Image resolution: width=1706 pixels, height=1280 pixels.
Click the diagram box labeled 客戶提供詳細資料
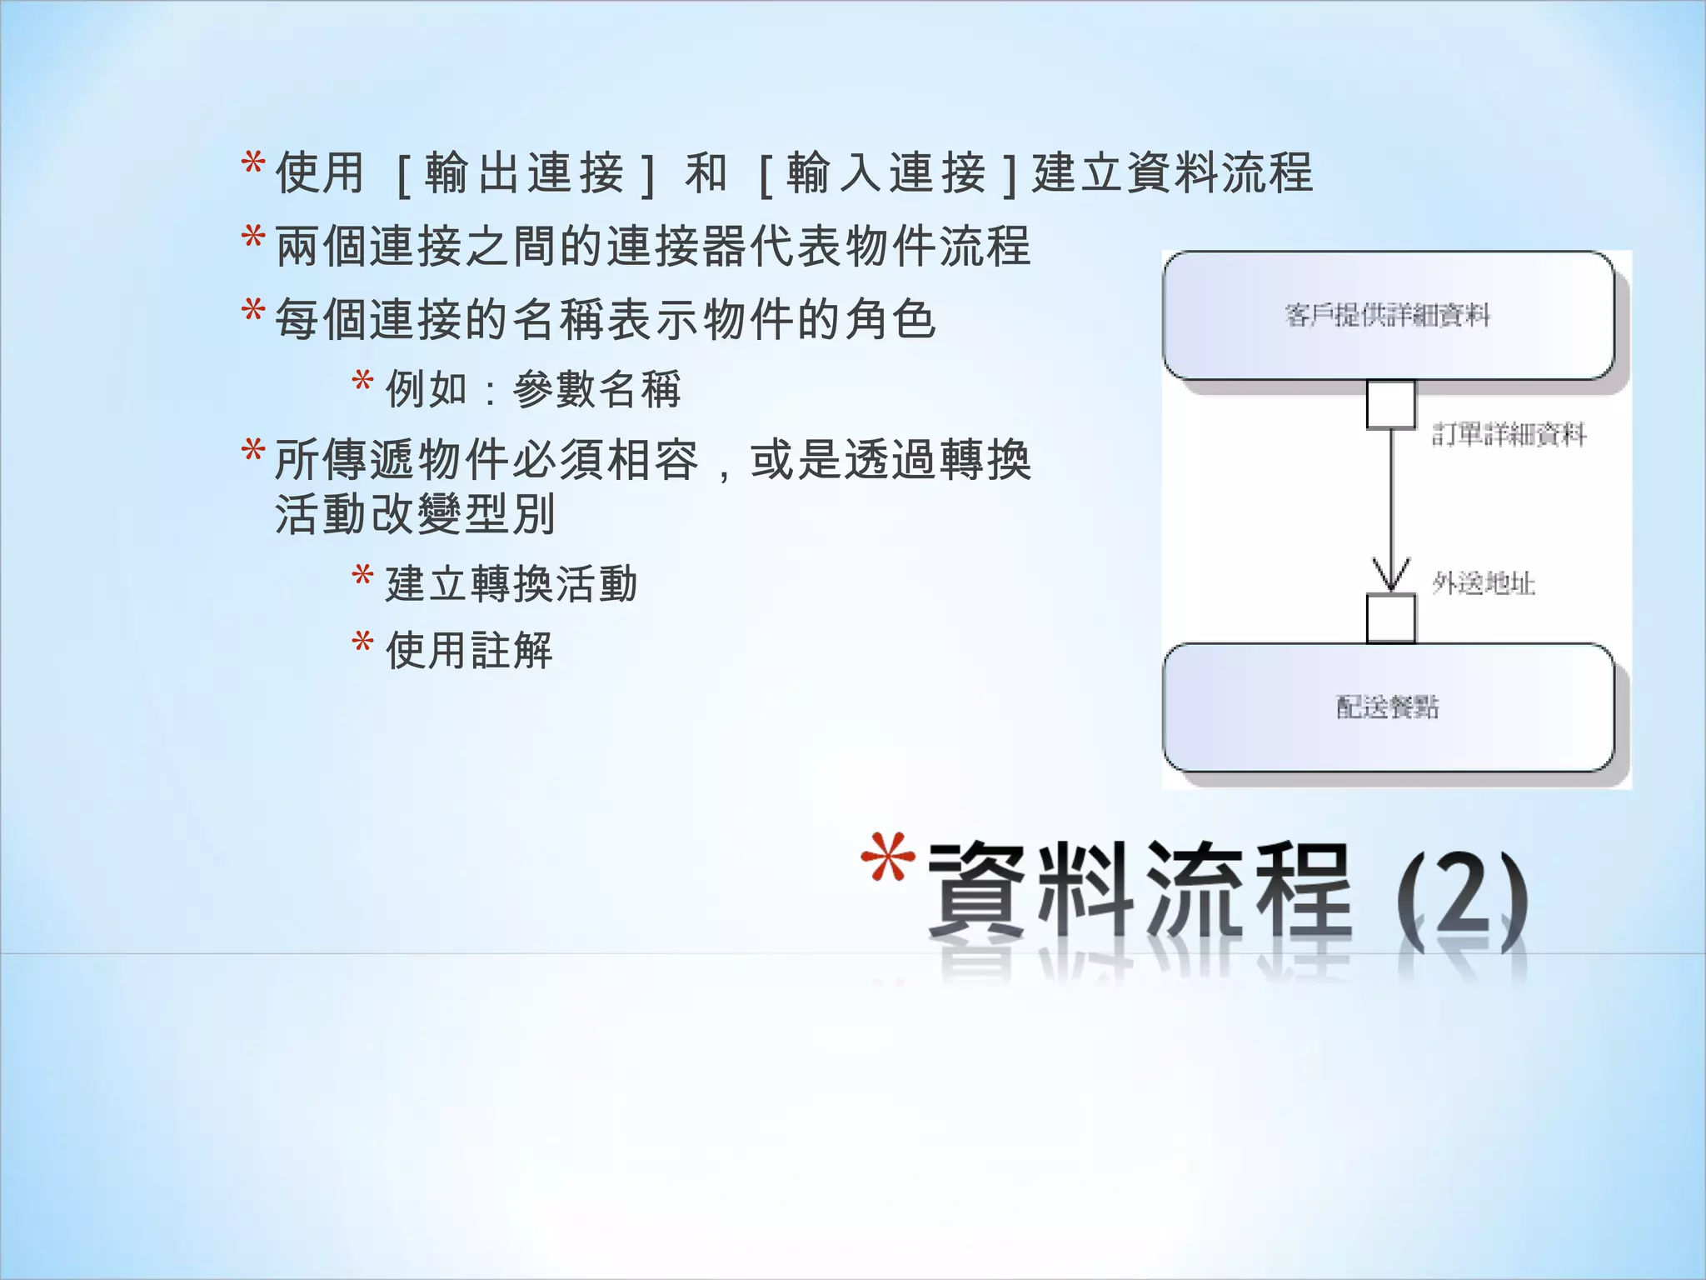coord(1388,316)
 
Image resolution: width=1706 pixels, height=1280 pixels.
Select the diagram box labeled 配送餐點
coord(1388,707)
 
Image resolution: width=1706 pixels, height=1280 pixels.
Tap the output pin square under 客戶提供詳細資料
coord(1390,405)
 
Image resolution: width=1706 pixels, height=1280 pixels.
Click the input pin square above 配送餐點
coord(1390,618)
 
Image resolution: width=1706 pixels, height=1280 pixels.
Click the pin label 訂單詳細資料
coord(1509,434)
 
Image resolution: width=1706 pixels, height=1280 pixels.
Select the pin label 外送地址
coord(1484,583)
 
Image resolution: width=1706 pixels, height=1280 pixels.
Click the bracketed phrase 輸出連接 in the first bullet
coord(525,173)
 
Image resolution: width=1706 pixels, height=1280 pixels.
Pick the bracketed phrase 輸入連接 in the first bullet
coord(886,173)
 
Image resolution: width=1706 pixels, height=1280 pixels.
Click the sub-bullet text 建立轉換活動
coord(511,583)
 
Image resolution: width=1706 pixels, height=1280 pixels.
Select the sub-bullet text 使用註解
coord(469,650)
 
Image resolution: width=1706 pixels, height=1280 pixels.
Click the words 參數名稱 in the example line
coord(597,389)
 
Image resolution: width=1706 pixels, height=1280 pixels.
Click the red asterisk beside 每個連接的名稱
coord(253,312)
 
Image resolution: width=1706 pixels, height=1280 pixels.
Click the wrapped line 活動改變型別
coord(415,514)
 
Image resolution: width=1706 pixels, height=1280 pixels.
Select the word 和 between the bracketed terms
coord(706,173)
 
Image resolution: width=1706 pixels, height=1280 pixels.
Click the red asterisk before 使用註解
coord(362,642)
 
